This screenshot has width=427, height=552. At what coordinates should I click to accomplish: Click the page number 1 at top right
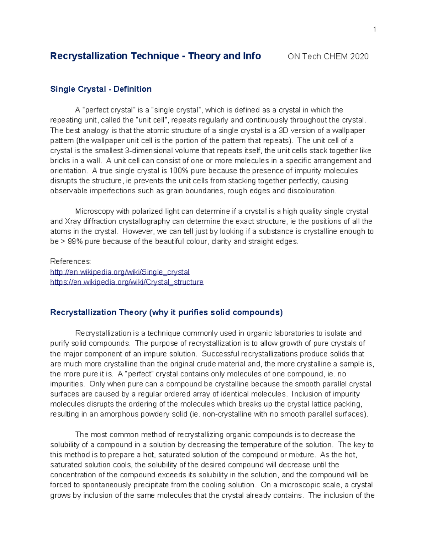coord(374,29)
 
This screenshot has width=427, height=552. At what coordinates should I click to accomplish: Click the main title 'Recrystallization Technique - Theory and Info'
coord(155,56)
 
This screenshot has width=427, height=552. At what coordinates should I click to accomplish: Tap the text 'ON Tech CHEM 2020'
coord(328,57)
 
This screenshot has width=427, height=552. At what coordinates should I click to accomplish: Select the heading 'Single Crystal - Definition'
coord(101,89)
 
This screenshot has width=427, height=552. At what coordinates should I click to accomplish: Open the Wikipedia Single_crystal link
coord(120,272)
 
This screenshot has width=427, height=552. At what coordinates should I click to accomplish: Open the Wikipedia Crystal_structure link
coord(127,282)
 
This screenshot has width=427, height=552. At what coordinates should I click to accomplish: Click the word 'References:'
coord(70,262)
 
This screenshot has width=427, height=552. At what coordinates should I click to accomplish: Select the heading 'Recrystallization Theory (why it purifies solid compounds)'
coord(166,312)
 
